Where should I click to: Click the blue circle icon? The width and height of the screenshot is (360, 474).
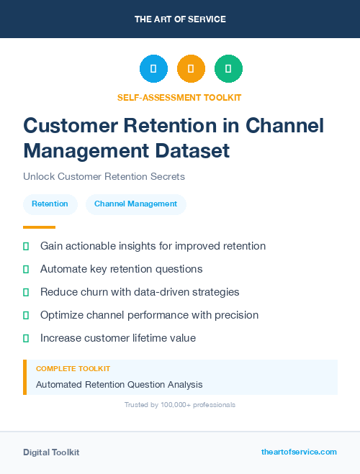click(x=153, y=69)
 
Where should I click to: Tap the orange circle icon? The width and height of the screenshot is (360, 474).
click(x=191, y=69)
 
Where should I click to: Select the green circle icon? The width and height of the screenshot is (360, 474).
click(x=228, y=69)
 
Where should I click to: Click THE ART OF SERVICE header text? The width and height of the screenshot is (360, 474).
click(x=180, y=19)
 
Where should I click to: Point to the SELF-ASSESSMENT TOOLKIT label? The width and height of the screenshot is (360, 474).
click(x=179, y=97)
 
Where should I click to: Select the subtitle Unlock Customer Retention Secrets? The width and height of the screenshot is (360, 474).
click(x=104, y=177)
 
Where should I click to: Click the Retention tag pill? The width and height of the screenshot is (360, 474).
click(x=50, y=204)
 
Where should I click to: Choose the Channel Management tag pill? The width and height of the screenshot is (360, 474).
click(x=135, y=204)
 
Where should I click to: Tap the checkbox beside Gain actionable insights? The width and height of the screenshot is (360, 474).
click(x=26, y=246)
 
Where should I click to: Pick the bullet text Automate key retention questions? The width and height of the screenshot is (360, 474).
click(x=121, y=269)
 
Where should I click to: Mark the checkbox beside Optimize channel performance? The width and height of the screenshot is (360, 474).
click(x=26, y=315)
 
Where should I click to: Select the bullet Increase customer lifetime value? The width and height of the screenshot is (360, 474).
click(x=117, y=338)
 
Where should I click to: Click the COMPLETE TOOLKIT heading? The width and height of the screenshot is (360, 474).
click(x=68, y=368)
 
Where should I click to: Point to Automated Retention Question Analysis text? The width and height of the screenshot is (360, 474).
click(x=119, y=385)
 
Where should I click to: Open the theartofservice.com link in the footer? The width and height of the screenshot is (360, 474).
click(x=299, y=452)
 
